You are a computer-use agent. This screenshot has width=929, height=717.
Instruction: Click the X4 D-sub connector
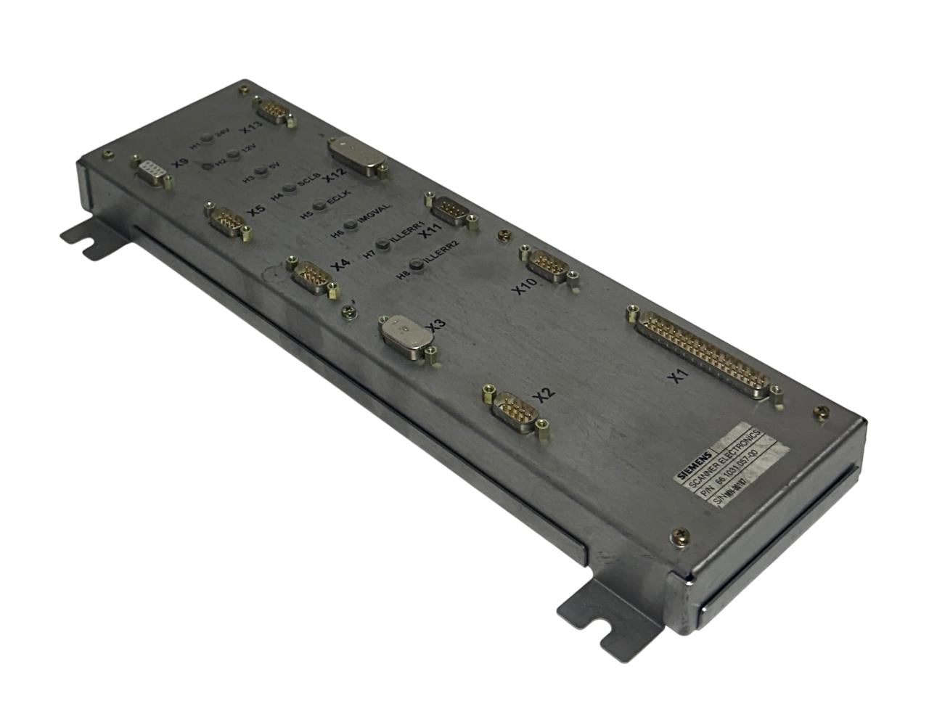tap(311, 276)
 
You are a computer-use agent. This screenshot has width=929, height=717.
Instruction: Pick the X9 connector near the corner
tap(149, 171)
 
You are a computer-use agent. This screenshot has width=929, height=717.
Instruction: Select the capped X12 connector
tap(356, 156)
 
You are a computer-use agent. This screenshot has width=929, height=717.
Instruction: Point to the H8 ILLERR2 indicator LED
tap(417, 266)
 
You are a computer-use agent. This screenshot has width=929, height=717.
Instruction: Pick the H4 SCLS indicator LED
tap(290, 188)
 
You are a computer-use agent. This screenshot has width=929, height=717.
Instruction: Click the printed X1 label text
tap(677, 376)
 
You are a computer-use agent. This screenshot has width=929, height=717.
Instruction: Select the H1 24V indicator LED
tap(207, 138)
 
